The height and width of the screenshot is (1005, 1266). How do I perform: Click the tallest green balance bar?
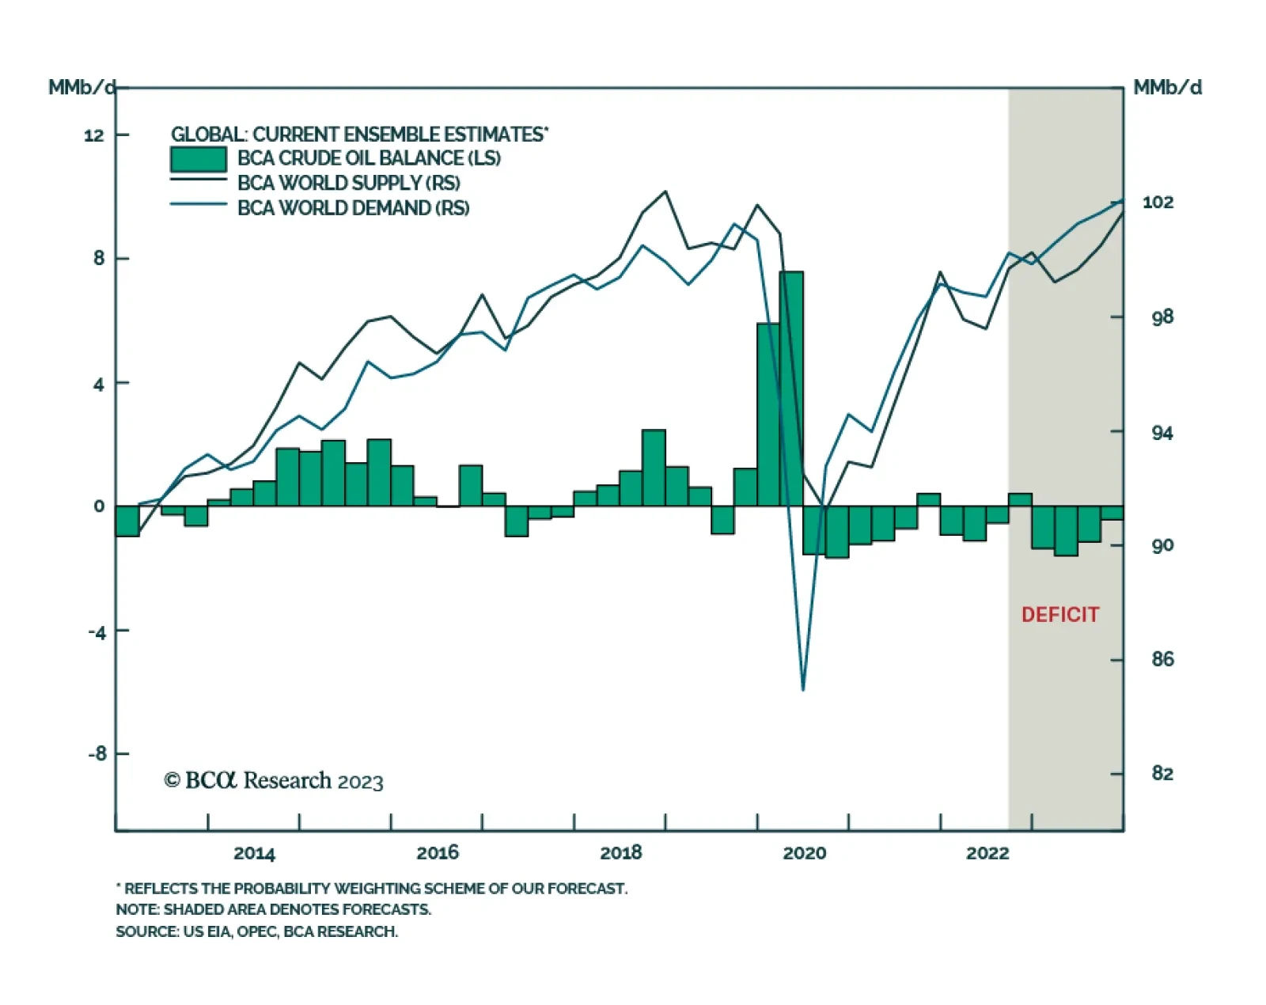[791, 388]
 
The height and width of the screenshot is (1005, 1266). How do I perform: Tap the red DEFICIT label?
[1059, 615]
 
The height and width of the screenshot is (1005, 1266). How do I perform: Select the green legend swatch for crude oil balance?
[199, 159]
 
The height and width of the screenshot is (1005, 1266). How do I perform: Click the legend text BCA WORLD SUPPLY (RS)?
[348, 183]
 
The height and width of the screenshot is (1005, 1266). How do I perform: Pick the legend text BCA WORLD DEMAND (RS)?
[353, 208]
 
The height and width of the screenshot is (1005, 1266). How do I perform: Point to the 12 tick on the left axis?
[94, 135]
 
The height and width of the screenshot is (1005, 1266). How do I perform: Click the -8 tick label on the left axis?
[97, 754]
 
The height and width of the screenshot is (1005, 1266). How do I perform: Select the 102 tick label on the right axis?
[1158, 203]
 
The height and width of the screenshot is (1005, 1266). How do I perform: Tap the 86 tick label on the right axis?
[1162, 659]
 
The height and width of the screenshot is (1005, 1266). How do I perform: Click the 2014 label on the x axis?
[254, 853]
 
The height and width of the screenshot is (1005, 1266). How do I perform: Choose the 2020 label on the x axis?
[804, 853]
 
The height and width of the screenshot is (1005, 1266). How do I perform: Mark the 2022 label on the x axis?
[987, 853]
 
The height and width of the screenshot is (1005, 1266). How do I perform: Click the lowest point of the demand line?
[803, 689]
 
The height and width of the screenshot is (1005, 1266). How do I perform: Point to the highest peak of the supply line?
[665, 192]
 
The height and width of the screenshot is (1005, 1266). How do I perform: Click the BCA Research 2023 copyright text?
[274, 781]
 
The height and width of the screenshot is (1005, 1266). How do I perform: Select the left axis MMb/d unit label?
[81, 87]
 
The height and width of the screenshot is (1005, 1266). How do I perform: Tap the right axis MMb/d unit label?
[1167, 87]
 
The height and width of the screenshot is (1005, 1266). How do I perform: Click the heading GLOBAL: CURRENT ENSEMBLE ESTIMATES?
[359, 135]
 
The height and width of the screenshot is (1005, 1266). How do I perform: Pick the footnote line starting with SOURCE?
[256, 931]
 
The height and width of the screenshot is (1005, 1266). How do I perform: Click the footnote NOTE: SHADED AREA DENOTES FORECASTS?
[273, 909]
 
